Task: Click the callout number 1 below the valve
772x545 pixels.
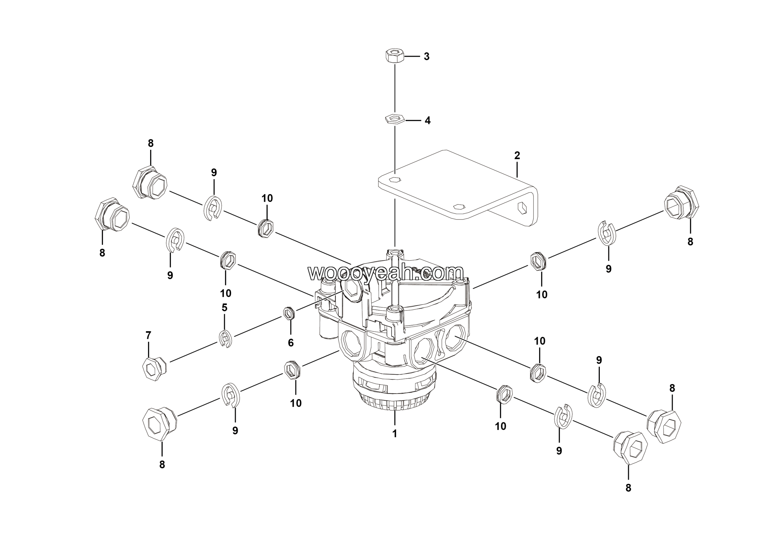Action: (x=395, y=434)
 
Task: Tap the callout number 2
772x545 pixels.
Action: (x=517, y=156)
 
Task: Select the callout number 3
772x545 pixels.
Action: (x=426, y=57)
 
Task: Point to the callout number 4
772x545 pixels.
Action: (x=427, y=121)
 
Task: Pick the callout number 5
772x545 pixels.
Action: (x=224, y=308)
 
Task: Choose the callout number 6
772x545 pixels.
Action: (x=290, y=343)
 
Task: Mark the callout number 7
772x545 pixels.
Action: (x=148, y=335)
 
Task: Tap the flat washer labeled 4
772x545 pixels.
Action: (x=394, y=119)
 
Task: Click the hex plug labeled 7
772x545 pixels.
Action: (x=154, y=369)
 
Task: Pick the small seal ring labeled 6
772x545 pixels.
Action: (x=288, y=313)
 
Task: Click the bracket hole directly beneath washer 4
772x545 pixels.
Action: (x=394, y=179)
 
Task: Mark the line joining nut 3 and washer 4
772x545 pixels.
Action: (x=395, y=89)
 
